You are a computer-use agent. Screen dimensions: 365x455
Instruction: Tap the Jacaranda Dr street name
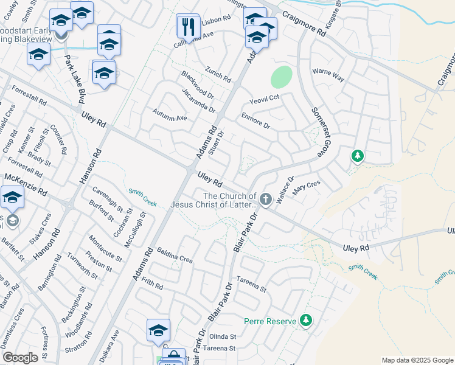[x=198, y=100]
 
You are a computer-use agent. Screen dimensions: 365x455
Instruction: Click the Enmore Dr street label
[x=255, y=120]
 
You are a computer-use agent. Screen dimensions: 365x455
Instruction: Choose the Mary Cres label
[x=306, y=190]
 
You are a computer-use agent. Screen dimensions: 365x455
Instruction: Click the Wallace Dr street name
[x=286, y=188]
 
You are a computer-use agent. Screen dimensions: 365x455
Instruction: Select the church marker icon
[x=265, y=199]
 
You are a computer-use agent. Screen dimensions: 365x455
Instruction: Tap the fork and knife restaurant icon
[x=188, y=27]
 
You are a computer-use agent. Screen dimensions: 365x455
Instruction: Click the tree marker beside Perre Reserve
[x=305, y=320]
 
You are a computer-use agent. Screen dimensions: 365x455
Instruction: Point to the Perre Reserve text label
[x=269, y=321]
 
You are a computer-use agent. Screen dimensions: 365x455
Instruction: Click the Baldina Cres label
[x=175, y=255]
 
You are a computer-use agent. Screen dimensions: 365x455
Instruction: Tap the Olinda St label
[x=223, y=336]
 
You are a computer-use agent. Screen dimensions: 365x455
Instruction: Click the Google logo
[x=20, y=358]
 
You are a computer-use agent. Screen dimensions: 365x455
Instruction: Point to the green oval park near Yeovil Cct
[x=281, y=77]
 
